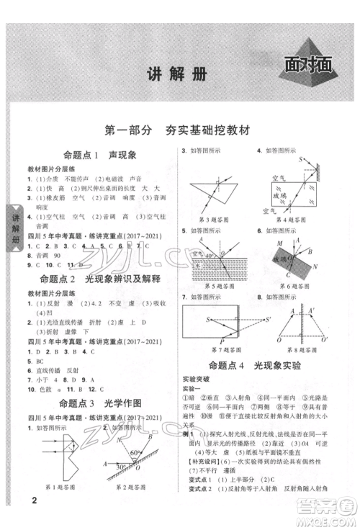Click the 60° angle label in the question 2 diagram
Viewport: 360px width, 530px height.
tap(135, 452)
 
